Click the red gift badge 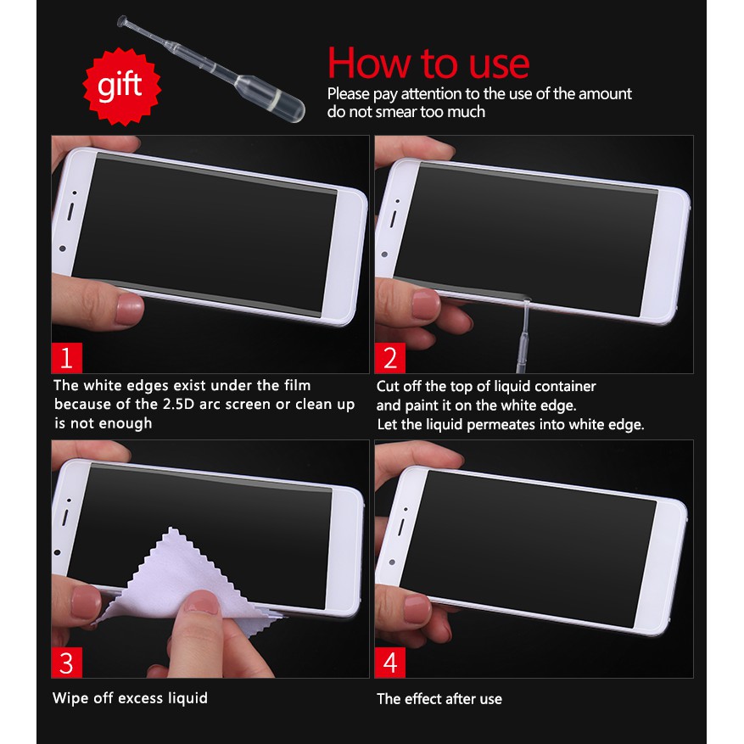click(122, 87)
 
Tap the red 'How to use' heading click(428, 63)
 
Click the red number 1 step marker click(66, 358)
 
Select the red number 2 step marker click(390, 358)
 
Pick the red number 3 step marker click(66, 663)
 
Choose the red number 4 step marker click(390, 663)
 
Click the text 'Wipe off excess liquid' click(130, 698)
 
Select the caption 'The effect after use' click(439, 698)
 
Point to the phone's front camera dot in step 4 click(392, 562)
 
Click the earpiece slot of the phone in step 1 click(70, 211)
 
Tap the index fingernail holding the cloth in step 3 click(201, 601)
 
